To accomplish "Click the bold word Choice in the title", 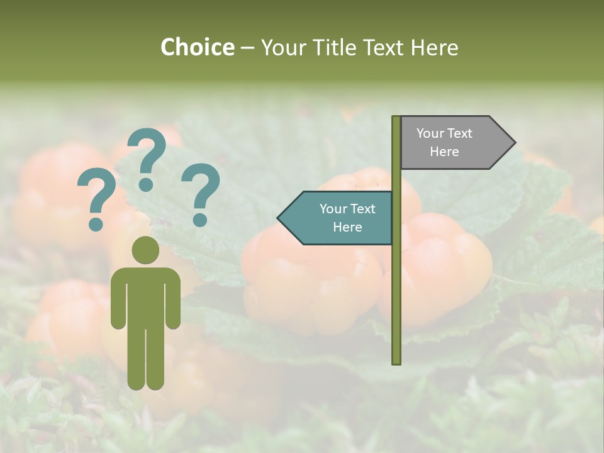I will pyautogui.click(x=197, y=47).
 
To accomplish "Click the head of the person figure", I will pyautogui.click(x=145, y=250).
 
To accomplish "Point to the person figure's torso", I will pyautogui.click(x=145, y=296).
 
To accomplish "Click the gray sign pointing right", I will pyautogui.click(x=453, y=142).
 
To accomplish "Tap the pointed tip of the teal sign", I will pyautogui.click(x=281, y=218).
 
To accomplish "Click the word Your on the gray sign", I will pyautogui.click(x=430, y=133).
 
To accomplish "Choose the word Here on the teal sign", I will pyautogui.click(x=347, y=227).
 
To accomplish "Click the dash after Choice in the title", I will pyautogui.click(x=247, y=48).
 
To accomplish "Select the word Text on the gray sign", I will pyautogui.click(x=460, y=133).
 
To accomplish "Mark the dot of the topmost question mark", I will pyautogui.click(x=146, y=184).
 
